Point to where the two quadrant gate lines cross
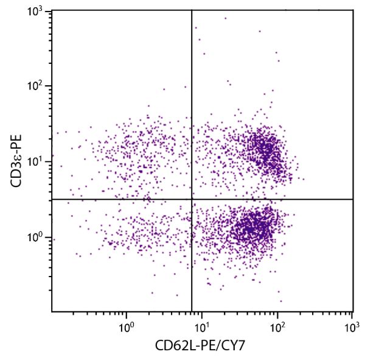[192, 199]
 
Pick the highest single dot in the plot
[225, 18]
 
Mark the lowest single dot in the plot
[280, 301]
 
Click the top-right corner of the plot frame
[353, 10]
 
